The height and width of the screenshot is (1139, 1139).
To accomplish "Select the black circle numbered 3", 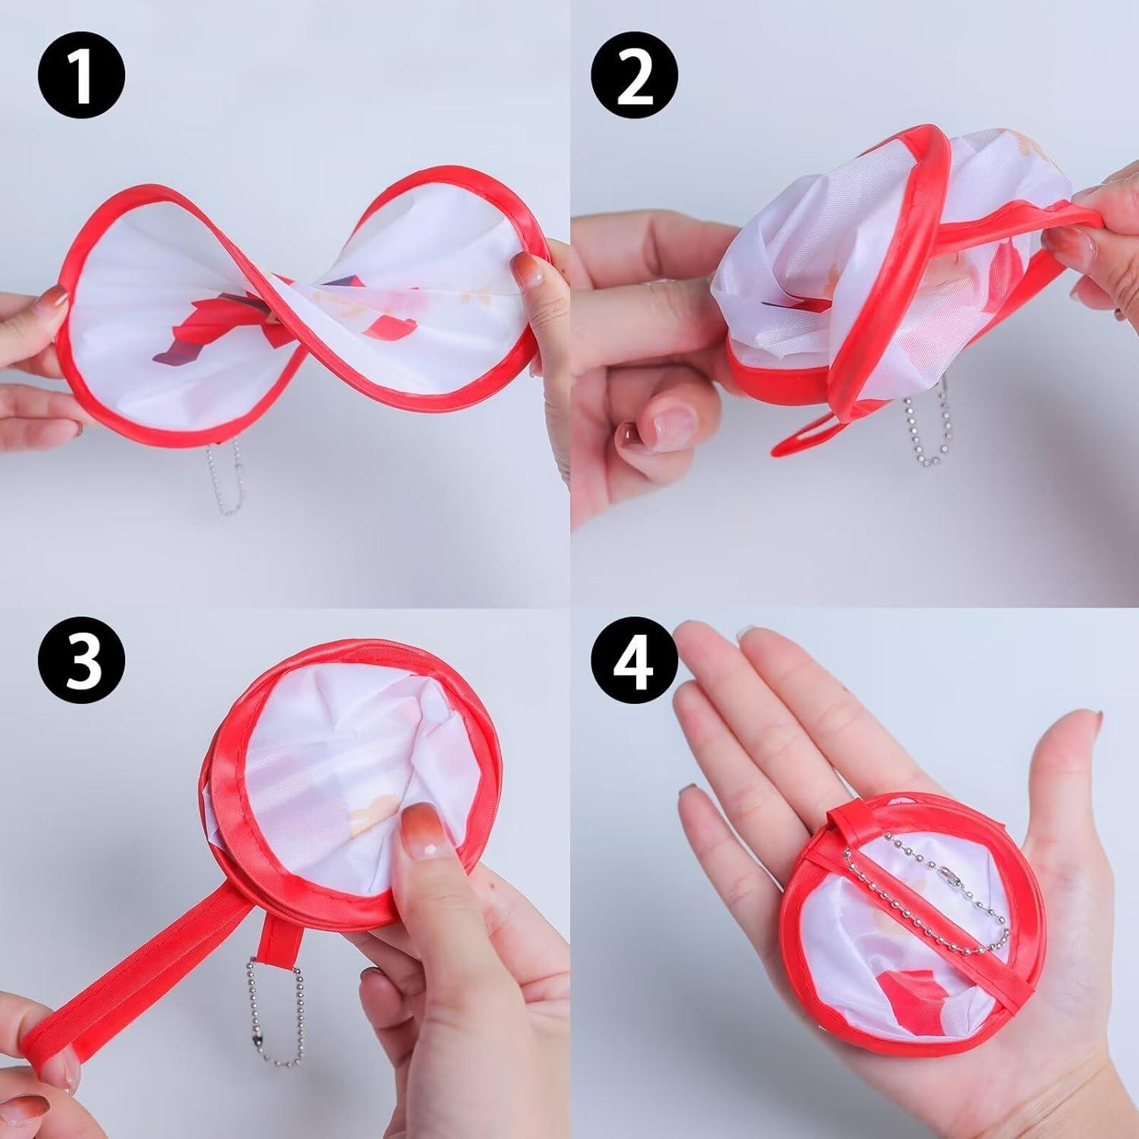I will click(81, 660).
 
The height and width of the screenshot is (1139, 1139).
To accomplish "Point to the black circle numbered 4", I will click(635, 660).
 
